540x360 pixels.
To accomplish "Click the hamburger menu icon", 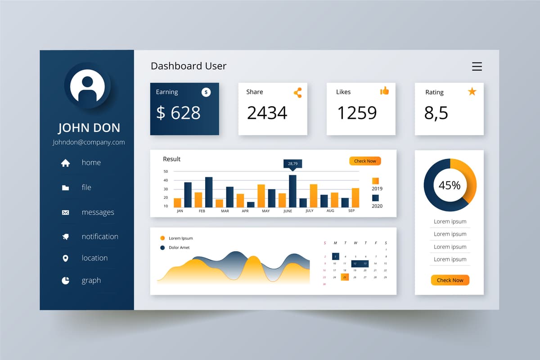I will click(x=477, y=67).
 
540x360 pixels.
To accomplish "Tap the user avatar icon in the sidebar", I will click(x=87, y=86).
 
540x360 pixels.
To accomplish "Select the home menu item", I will click(x=91, y=162).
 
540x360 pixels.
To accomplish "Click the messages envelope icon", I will click(x=66, y=212).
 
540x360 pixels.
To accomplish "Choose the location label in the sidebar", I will click(x=94, y=258).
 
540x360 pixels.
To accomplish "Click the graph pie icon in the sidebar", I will click(x=66, y=280).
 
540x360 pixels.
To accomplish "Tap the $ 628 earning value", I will click(x=178, y=112).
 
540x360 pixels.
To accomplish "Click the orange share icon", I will click(x=297, y=93).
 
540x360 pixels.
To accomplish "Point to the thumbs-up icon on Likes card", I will click(x=384, y=91).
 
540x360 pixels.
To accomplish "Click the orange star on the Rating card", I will click(x=472, y=92).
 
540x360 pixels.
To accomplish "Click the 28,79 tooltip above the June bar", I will click(x=292, y=163).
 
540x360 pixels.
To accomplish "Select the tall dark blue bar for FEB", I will click(x=209, y=192).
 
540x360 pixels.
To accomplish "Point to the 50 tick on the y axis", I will click(x=166, y=171).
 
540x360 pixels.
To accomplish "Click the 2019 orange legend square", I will click(x=375, y=180).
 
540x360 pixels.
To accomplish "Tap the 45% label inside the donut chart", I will click(x=450, y=185).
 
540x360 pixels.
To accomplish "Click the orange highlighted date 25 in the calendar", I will click(x=345, y=277).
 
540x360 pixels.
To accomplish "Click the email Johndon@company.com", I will click(x=89, y=142).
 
